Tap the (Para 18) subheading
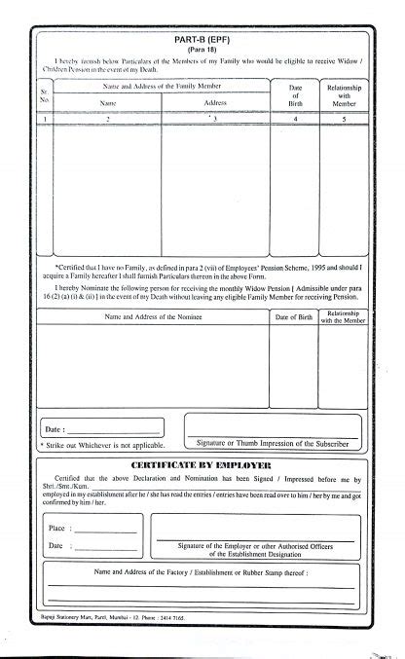pyautogui.click(x=202, y=48)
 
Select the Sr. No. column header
pyautogui.click(x=41, y=95)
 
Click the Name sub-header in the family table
pyautogui.click(x=108, y=102)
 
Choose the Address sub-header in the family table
pyautogui.click(x=216, y=102)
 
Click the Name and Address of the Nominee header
pyautogui.click(x=154, y=317)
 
